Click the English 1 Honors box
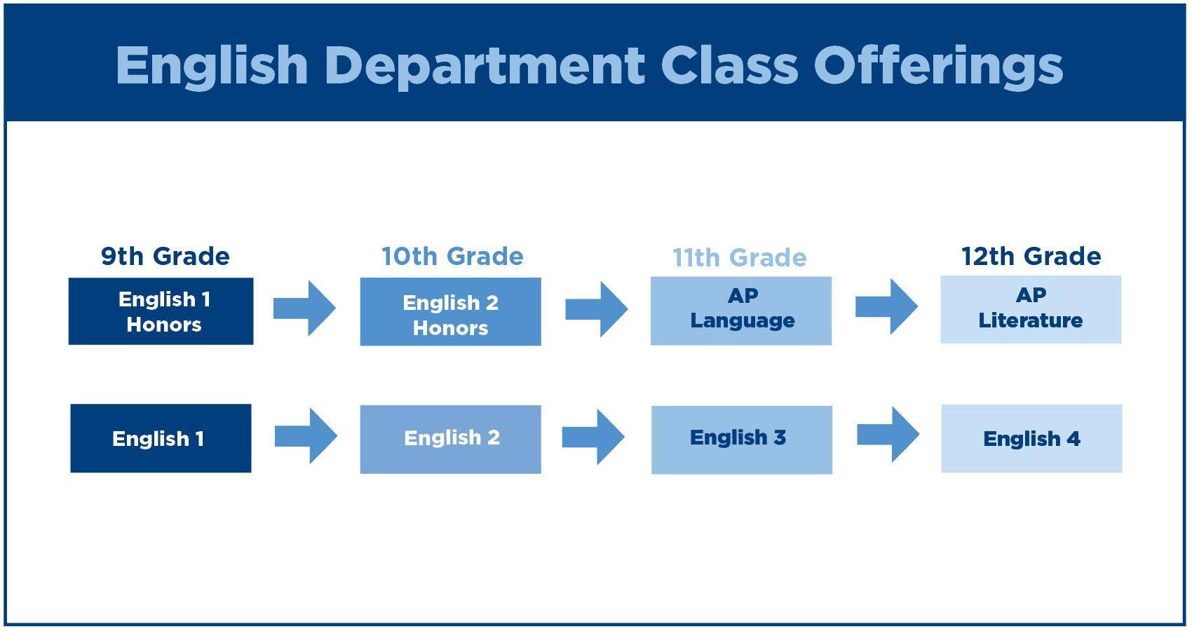point(161,311)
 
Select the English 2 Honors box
point(451,312)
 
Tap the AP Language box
point(740,311)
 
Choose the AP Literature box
point(1031,310)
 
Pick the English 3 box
point(742,440)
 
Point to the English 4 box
point(1032,438)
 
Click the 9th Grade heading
point(165,257)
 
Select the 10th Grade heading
point(452,257)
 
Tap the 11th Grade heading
point(740,258)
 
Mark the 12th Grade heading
point(1031,257)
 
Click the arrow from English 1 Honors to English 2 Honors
point(304,308)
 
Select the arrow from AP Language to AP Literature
point(886,306)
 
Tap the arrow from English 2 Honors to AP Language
point(597,309)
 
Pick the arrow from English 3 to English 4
point(888,435)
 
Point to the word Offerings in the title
point(938,66)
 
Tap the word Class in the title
point(729,65)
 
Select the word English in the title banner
point(212,66)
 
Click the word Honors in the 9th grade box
point(164,325)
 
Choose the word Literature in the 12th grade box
point(1031,320)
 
